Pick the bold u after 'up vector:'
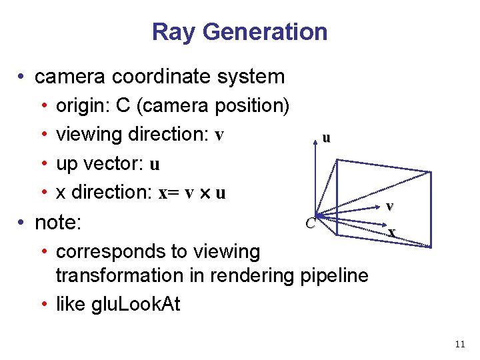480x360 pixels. pos(155,164)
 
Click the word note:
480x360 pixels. pos(58,222)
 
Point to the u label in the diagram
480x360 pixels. pos(325,138)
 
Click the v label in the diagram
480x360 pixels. pos(390,206)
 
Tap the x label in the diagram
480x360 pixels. pos(392,232)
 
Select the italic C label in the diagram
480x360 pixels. pos(310,223)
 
